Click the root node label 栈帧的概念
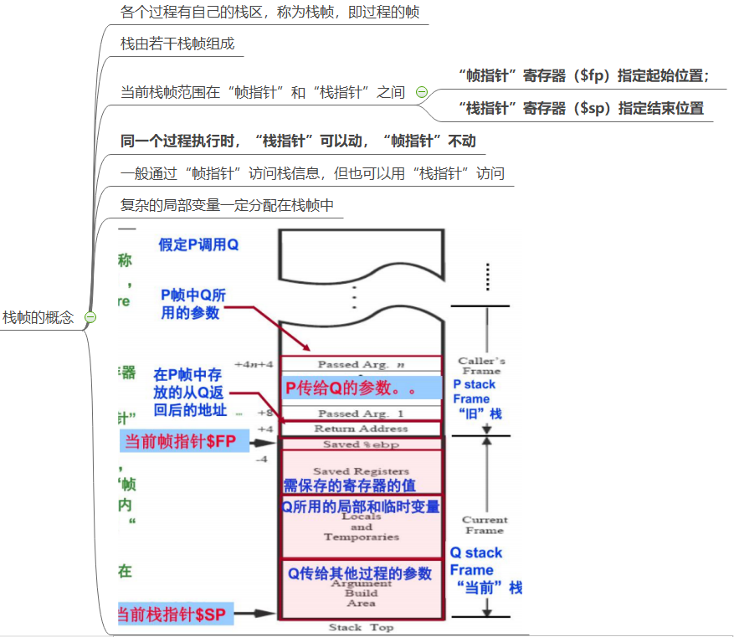[x=38, y=318]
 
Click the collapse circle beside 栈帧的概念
[x=90, y=318]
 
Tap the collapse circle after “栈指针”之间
[x=422, y=92]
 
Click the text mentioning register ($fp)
[x=584, y=75]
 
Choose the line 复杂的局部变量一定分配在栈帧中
[x=228, y=205]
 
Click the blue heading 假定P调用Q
[x=199, y=245]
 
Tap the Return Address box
[x=361, y=429]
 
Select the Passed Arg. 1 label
[x=360, y=414]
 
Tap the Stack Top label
[x=361, y=628]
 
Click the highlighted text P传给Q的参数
[x=351, y=388]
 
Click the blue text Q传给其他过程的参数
[x=360, y=573]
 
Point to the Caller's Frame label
[x=481, y=366]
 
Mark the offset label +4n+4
[x=254, y=365]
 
